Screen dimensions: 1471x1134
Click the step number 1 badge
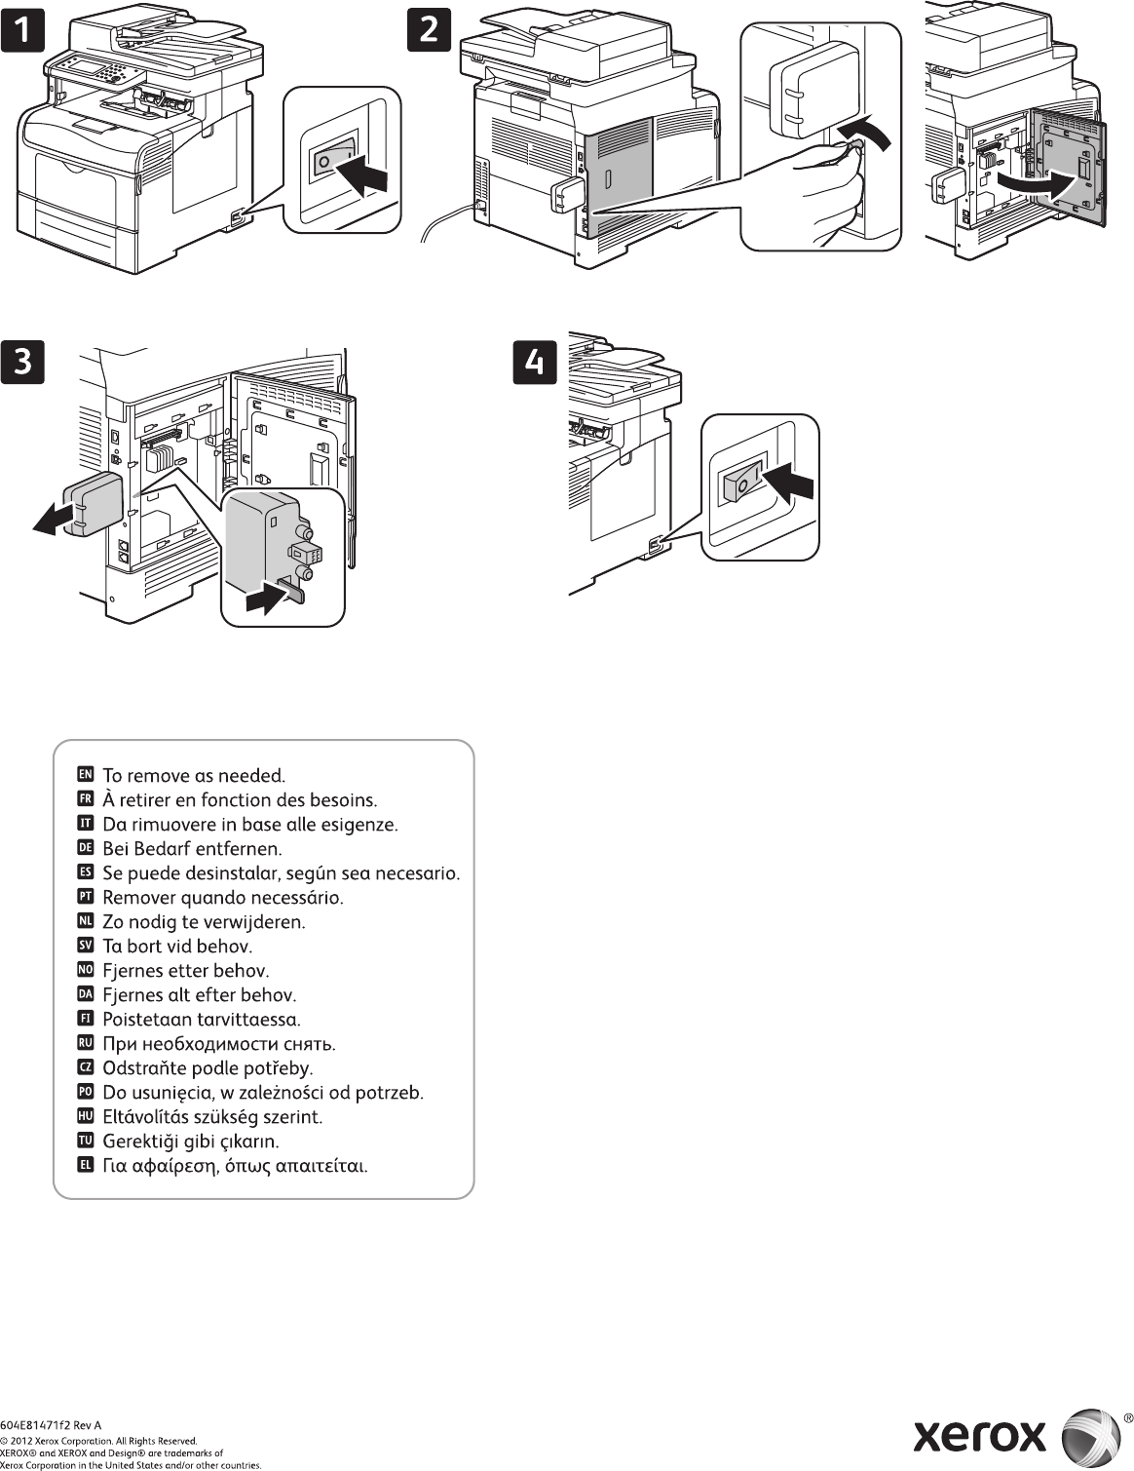(22, 30)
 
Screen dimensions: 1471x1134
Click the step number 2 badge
(429, 30)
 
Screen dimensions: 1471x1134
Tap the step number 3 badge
(22, 362)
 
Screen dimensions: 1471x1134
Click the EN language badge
(85, 775)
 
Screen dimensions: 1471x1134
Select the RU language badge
(85, 1043)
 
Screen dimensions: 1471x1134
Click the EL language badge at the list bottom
(85, 1165)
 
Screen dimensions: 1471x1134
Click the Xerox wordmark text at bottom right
(979, 1435)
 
